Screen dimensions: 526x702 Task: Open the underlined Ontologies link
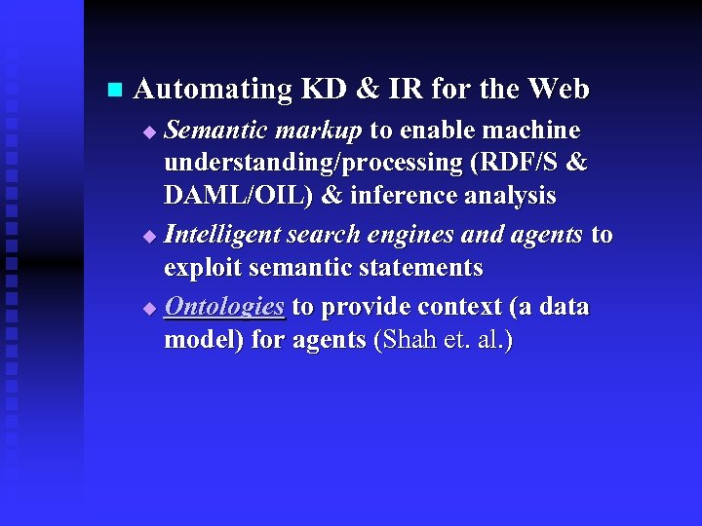coord(224,307)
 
